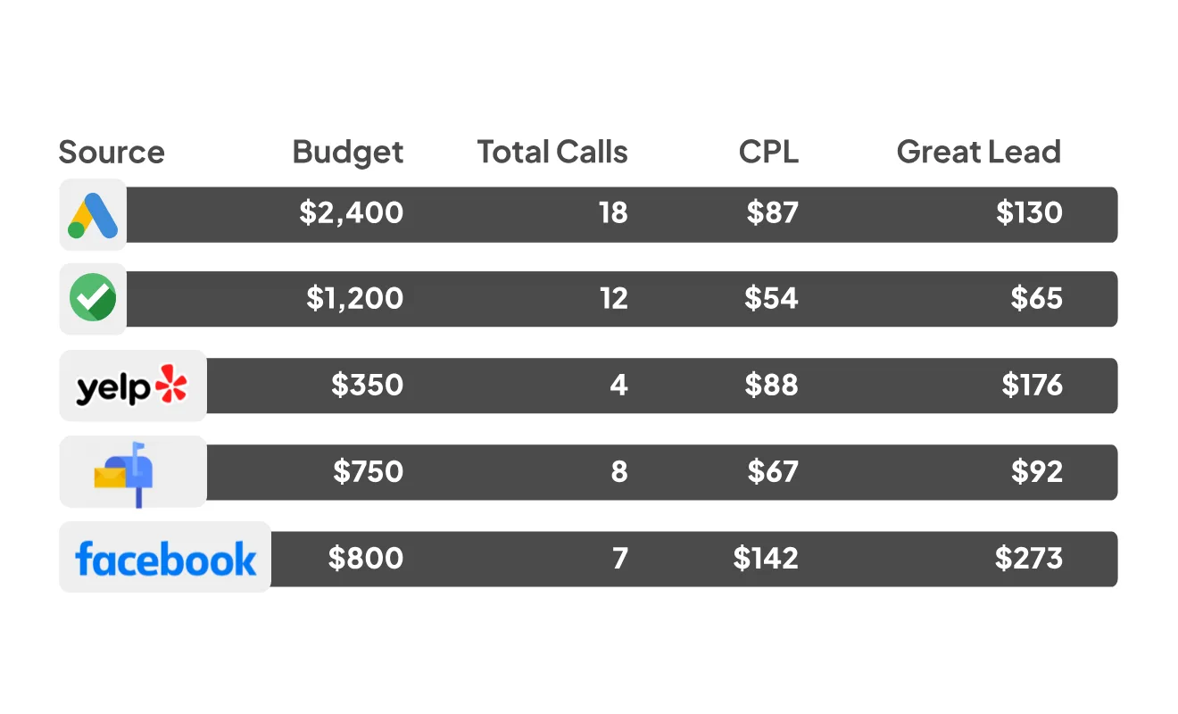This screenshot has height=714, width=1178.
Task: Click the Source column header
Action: click(x=112, y=152)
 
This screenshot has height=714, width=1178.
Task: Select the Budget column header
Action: click(x=348, y=153)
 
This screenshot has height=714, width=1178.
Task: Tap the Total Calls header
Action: click(x=552, y=152)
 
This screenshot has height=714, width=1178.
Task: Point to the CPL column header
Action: click(x=769, y=152)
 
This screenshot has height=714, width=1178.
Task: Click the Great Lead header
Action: click(x=979, y=152)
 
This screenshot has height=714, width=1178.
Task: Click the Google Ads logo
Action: click(x=93, y=215)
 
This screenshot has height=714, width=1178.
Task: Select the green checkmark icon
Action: click(x=93, y=297)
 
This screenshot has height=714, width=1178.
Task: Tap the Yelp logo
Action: click(x=132, y=386)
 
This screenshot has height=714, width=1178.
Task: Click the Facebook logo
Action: click(x=166, y=559)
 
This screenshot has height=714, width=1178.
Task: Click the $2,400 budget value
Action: click(x=352, y=213)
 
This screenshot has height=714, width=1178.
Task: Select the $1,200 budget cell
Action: click(x=355, y=298)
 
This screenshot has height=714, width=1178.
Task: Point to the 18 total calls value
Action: click(x=613, y=212)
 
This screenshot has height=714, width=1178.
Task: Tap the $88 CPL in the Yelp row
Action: click(x=771, y=385)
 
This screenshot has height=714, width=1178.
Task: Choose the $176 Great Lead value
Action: click(x=1033, y=385)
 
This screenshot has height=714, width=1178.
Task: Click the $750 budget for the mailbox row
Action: click(x=368, y=471)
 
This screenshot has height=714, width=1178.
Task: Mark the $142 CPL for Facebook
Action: click(x=766, y=558)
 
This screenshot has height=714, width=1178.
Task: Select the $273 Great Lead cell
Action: click(x=1029, y=558)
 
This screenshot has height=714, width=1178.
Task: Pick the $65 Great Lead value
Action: click(x=1036, y=298)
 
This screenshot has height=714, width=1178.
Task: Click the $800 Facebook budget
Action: click(x=366, y=558)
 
